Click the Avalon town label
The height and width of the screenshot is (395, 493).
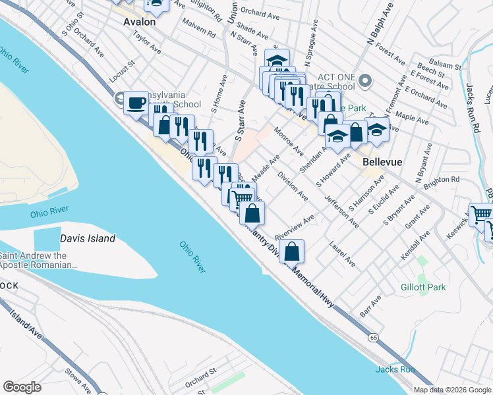(139, 22)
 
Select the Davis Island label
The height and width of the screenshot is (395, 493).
(88, 238)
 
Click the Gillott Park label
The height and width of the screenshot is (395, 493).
(423, 287)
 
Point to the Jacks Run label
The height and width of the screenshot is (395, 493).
(395, 369)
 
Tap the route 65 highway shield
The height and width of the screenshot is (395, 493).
(374, 338)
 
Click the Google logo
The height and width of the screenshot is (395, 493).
(22, 387)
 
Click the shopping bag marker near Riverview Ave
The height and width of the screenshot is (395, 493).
(294, 251)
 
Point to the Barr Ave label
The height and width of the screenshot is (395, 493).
(371, 307)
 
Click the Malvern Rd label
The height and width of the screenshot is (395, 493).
(200, 32)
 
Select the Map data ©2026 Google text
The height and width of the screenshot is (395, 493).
(451, 390)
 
